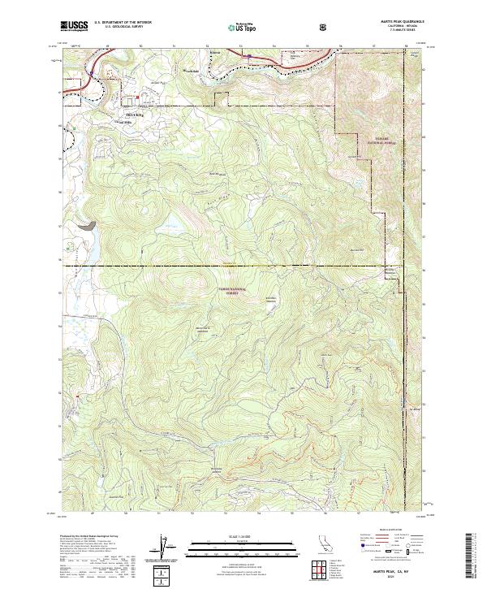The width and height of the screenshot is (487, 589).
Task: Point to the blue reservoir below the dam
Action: [x=88, y=244]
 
